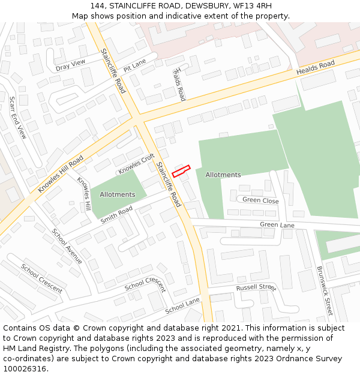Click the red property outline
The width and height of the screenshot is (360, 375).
181,171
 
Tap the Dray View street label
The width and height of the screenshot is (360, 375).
71,65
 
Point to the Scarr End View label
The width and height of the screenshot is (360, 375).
17,116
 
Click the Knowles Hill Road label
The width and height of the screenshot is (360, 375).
61,174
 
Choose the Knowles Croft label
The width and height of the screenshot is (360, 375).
136,164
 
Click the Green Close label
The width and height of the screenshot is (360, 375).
260,200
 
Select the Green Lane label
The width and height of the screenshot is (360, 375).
277,224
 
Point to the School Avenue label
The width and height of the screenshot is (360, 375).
67,246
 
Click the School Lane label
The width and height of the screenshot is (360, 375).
182,305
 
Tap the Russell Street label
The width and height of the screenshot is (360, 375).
256,287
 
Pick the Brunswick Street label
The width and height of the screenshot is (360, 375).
325,291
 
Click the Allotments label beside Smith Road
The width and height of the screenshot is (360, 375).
118,194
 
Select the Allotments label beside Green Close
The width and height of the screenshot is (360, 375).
223,175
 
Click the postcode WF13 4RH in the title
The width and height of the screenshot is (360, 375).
260,6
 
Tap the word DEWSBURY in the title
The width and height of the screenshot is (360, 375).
207,6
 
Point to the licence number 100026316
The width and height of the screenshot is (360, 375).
25,369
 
